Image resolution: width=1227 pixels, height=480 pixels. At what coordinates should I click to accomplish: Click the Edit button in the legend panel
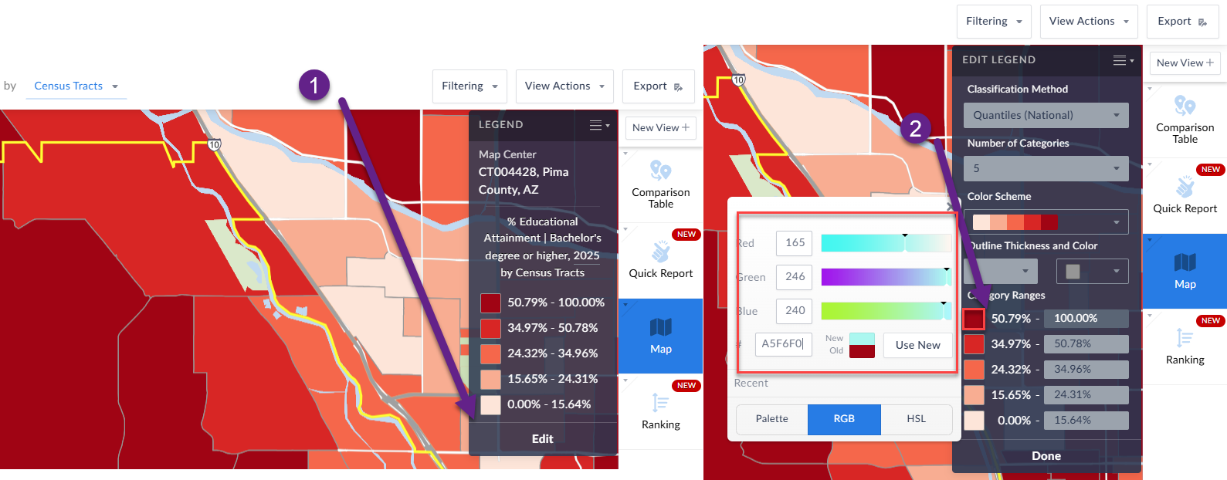tap(542, 438)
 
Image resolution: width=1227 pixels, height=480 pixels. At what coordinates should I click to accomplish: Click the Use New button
tap(917, 345)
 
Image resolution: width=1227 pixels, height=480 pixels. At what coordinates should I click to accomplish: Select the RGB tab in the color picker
tap(844, 418)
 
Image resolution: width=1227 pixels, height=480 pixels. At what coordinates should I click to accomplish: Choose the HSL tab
tap(916, 418)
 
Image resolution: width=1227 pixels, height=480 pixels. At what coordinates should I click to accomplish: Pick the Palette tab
tap(771, 418)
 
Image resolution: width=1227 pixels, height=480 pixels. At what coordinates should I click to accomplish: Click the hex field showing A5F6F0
tap(783, 343)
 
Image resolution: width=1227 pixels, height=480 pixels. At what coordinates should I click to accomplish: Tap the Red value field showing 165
tap(795, 242)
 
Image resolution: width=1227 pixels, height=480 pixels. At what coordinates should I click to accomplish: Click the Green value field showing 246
tap(795, 276)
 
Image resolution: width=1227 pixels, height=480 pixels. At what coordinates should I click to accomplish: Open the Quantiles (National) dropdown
tap(1046, 115)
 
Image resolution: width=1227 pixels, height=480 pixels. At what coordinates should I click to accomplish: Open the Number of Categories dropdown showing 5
tap(1046, 168)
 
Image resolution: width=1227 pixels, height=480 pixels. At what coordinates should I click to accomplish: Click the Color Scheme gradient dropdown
tap(1046, 222)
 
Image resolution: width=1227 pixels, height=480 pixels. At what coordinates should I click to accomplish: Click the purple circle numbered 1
tap(314, 85)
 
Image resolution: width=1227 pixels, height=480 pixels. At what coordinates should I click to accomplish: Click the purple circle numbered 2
tap(915, 128)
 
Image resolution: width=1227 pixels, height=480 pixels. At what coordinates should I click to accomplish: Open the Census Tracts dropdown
tap(76, 86)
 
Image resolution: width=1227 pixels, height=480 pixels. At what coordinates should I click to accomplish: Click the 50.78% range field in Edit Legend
tap(1085, 343)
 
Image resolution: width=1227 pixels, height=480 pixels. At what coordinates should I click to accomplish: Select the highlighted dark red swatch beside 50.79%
tap(974, 318)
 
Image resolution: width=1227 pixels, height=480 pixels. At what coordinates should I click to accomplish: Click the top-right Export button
tap(1181, 22)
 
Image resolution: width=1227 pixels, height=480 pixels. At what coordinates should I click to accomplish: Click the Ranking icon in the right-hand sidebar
tap(1185, 345)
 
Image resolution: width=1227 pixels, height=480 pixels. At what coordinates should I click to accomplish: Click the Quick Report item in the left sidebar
tap(660, 259)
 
